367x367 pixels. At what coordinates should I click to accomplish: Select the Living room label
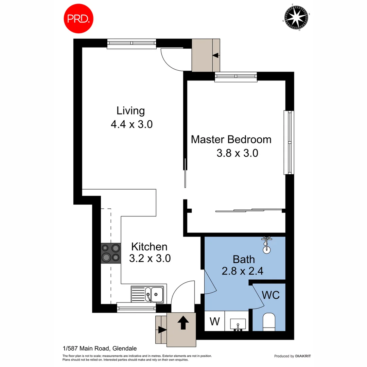(x=131, y=111)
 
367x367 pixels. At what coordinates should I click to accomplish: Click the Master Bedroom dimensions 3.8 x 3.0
(x=237, y=153)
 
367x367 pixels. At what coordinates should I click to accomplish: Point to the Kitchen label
(x=149, y=247)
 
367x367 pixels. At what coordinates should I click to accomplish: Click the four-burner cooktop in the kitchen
(x=111, y=253)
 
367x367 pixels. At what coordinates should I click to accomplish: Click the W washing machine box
(x=214, y=321)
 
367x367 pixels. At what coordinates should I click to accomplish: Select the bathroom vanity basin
(x=238, y=324)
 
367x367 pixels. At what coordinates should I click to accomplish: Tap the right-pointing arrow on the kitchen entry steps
(x=162, y=329)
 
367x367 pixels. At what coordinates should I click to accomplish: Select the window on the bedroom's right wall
(x=289, y=142)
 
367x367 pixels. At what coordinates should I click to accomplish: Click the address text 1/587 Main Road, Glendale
(x=100, y=348)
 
